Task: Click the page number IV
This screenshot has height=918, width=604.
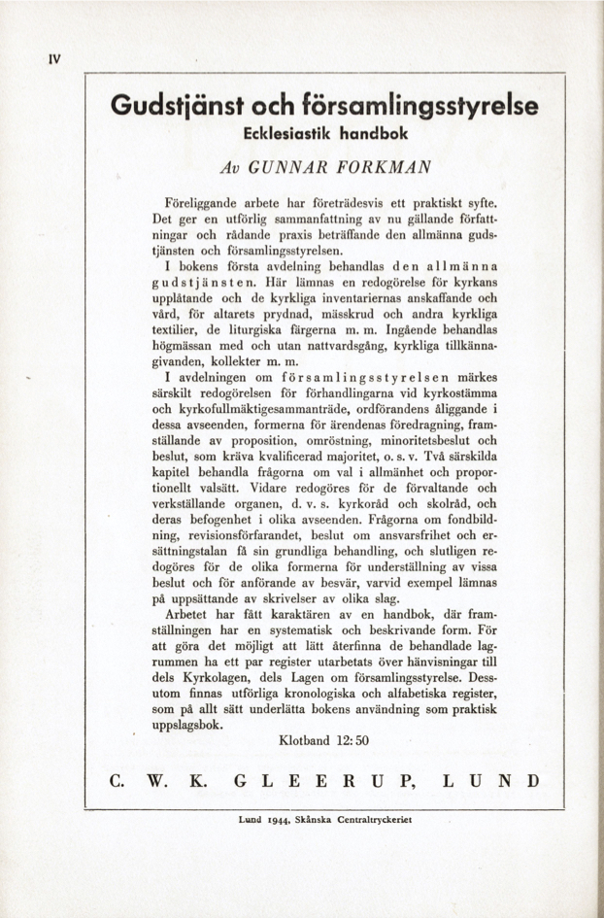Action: (55, 57)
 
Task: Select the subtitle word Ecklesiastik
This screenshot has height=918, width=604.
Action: (284, 132)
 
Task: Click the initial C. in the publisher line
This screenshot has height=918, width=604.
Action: (116, 780)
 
